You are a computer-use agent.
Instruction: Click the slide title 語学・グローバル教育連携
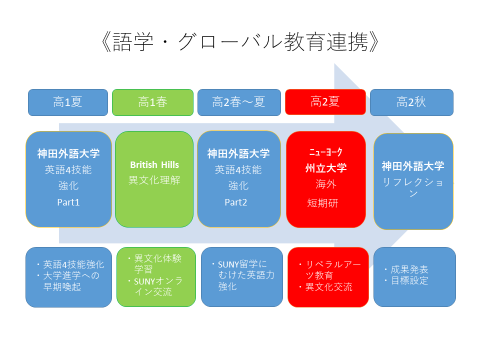240,43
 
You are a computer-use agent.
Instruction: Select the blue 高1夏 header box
67,101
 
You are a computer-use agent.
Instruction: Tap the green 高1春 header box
152,101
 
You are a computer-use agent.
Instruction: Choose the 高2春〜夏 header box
239,101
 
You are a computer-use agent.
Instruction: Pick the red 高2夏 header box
325,101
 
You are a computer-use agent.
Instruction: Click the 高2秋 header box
411,101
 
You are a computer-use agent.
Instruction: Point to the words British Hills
153,163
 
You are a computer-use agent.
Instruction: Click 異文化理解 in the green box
153,179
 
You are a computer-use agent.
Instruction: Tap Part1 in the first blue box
68,202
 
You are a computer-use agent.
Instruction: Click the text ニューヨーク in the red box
326,153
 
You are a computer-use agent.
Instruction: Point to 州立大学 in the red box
326,169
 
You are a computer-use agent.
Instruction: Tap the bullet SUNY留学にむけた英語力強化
240,275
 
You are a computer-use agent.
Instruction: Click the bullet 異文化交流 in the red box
326,287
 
